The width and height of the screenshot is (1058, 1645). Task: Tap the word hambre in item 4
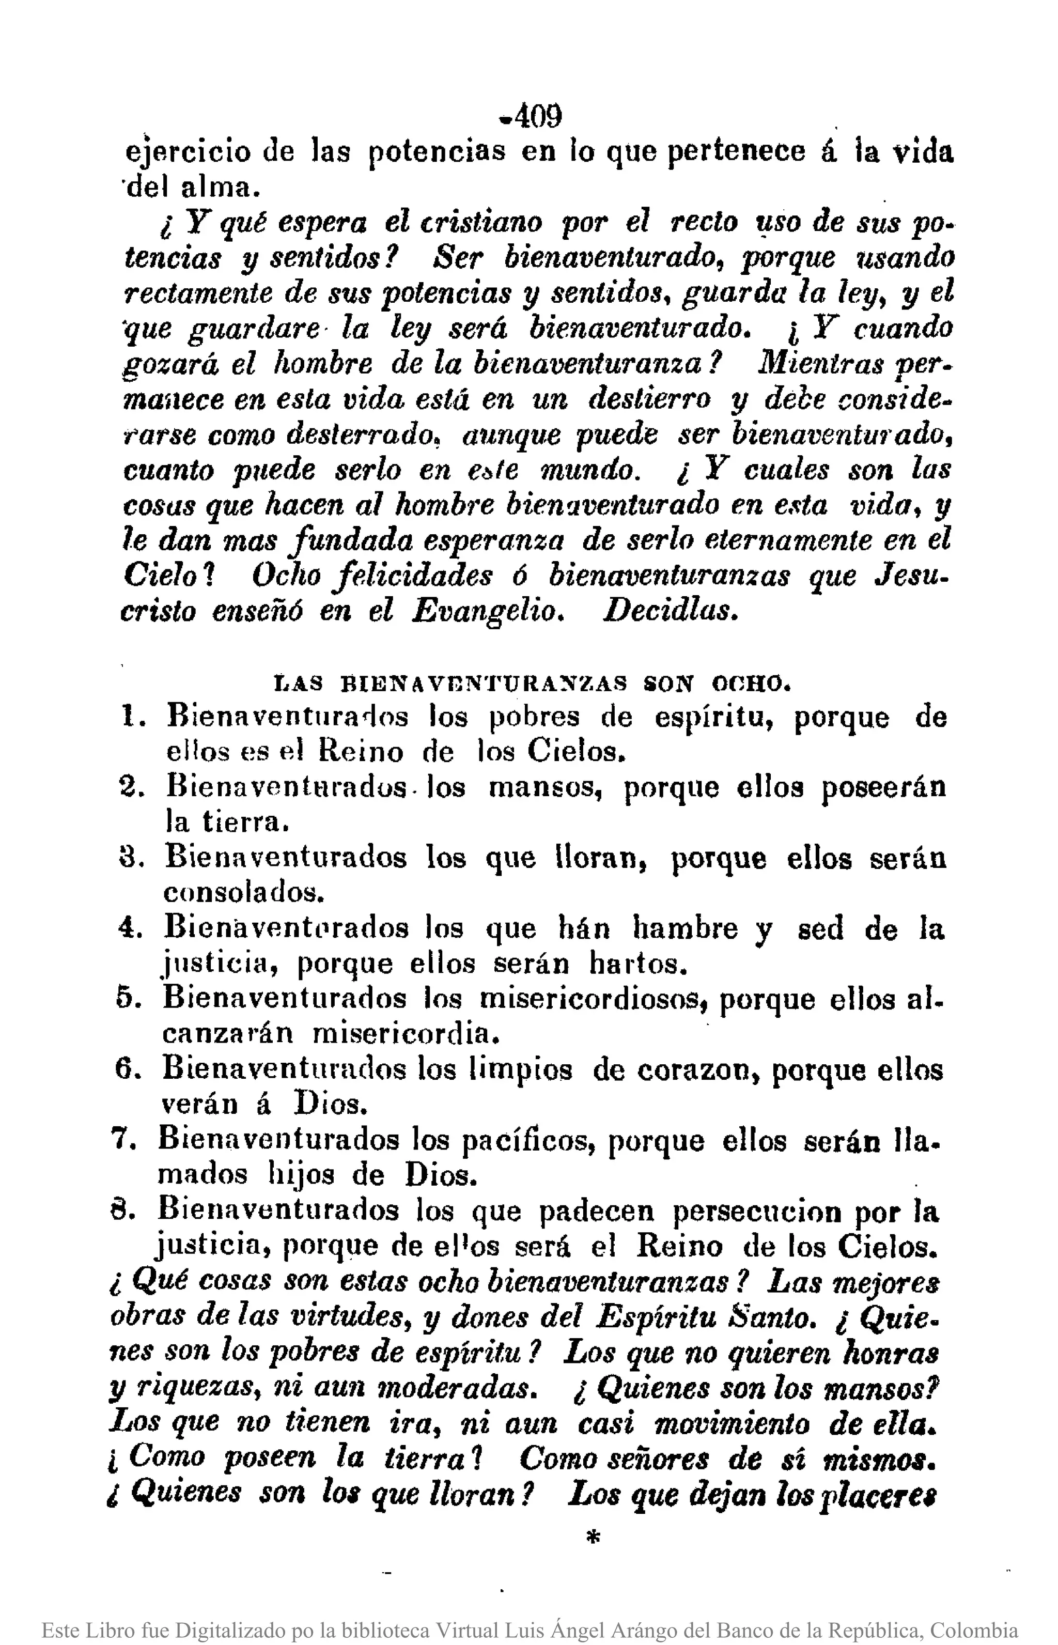point(684,928)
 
